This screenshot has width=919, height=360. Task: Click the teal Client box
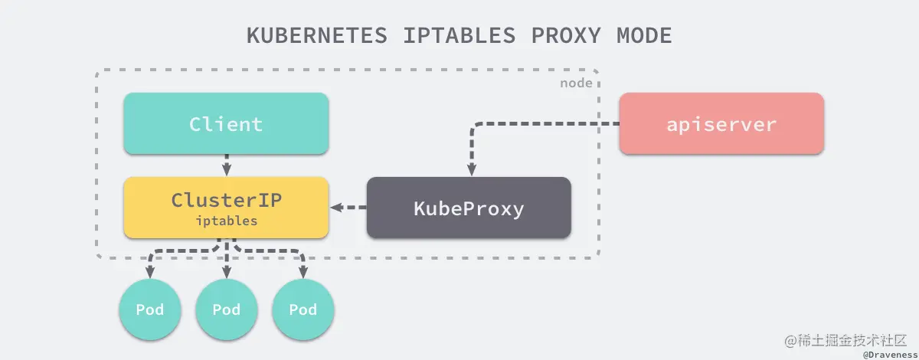(x=226, y=124)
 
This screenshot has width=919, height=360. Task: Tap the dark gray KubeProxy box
(x=469, y=208)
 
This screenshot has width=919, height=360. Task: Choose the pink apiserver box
(x=721, y=124)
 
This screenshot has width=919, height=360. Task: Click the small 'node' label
(x=576, y=83)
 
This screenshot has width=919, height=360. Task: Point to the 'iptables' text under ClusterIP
(x=226, y=221)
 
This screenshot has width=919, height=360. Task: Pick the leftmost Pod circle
(x=149, y=309)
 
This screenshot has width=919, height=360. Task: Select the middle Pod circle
(x=226, y=309)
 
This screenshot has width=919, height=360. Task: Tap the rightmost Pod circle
(x=303, y=309)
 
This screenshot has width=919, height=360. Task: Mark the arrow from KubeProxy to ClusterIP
(x=348, y=208)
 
